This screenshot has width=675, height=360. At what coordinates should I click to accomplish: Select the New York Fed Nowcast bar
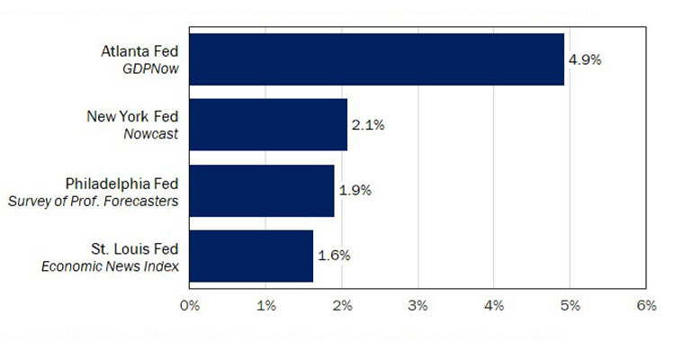[268, 125]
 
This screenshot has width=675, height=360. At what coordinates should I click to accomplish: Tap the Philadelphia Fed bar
[261, 191]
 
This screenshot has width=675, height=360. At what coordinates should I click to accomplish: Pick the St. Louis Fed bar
[251, 256]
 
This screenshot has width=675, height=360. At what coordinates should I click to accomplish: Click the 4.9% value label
[585, 59]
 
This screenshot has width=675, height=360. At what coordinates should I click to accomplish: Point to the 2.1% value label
[368, 125]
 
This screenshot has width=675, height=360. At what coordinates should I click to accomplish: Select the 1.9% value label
[355, 191]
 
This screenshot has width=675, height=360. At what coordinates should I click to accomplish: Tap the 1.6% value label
[333, 256]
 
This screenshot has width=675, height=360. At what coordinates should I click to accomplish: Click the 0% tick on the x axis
[189, 306]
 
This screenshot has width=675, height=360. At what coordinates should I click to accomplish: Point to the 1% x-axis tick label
[265, 306]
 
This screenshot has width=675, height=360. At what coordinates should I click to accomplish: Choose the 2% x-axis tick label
[341, 306]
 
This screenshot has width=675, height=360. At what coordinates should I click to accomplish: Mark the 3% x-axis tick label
[418, 306]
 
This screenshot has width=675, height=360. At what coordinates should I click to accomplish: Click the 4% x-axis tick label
[493, 306]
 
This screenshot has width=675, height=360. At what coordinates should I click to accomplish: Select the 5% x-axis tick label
[570, 306]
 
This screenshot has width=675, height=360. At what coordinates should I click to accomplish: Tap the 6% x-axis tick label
[645, 306]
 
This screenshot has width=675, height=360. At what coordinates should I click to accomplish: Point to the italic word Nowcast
[151, 134]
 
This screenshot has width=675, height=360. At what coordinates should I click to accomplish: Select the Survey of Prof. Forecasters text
[93, 200]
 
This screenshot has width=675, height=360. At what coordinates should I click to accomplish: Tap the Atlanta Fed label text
[139, 51]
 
